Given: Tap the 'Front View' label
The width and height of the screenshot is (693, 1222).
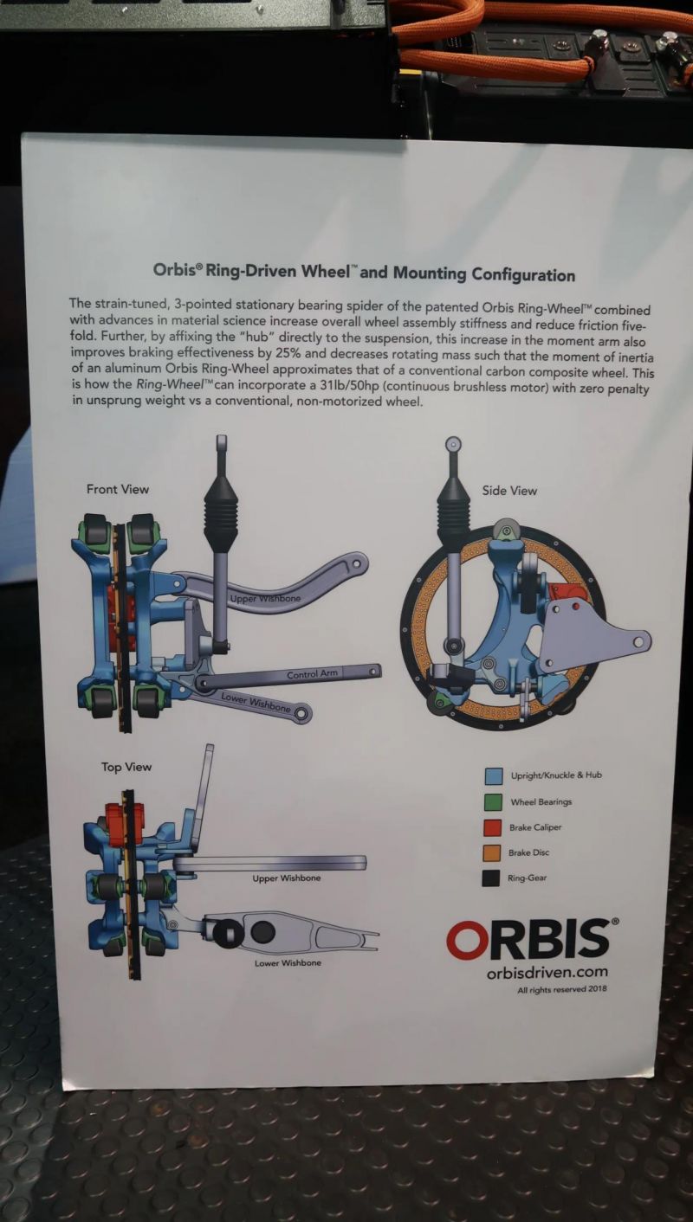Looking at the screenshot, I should [x=118, y=489].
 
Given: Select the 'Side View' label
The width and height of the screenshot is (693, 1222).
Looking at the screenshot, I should [x=509, y=491].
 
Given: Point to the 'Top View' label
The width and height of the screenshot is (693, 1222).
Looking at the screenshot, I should [x=126, y=767].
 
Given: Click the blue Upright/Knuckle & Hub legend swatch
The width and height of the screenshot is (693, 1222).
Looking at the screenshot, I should [x=495, y=775].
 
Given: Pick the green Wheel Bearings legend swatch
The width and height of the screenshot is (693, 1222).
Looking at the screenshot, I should [x=495, y=801].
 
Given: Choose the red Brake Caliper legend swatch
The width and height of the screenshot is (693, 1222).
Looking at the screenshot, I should [x=495, y=827].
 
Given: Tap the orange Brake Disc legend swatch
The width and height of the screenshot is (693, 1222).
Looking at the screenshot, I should [x=495, y=853].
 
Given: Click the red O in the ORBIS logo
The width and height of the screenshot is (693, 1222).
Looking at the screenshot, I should [x=468, y=940].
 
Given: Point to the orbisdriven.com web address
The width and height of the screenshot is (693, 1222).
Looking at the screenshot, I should [x=547, y=973].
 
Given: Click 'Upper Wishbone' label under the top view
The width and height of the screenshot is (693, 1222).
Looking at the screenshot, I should [x=286, y=878].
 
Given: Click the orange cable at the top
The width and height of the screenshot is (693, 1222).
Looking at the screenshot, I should [x=485, y=52].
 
